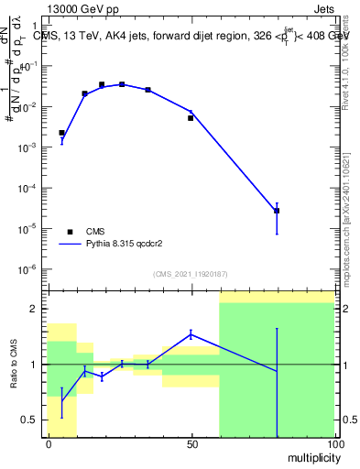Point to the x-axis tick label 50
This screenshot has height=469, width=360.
[191, 442]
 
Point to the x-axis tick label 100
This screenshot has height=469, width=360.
[334, 442]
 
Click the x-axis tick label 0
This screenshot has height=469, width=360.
[49, 442]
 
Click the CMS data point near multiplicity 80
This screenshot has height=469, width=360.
[277, 211]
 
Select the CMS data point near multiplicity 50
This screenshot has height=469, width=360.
[191, 118]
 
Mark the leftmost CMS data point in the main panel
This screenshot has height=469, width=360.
[61, 133]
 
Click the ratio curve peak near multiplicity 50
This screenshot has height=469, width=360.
[191, 334]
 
